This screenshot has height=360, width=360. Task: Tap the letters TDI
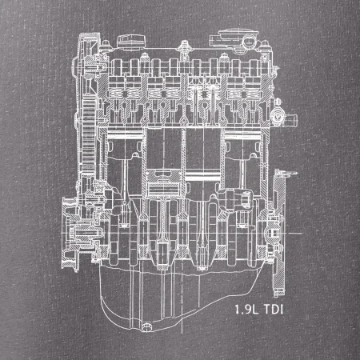click(274, 310)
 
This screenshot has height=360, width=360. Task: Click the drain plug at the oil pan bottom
click(146, 326)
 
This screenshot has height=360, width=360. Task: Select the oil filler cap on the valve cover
click(131, 42)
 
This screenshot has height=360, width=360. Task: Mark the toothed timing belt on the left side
click(89, 134)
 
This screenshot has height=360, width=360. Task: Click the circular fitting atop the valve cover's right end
click(249, 42)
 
